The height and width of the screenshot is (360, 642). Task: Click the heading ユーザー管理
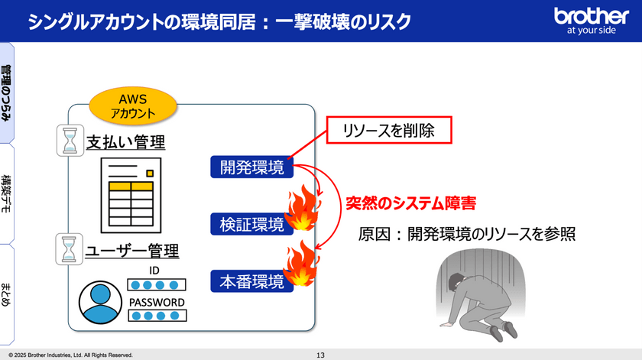coord(131,250)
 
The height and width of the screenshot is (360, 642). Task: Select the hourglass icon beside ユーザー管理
coord(70,249)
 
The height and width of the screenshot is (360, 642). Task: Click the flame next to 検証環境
coord(301,211)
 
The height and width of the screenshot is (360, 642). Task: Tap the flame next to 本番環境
coord(300,264)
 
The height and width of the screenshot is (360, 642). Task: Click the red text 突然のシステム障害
coord(411,203)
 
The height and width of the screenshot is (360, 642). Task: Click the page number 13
coord(320,355)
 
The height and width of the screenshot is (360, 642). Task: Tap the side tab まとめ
coord(7,294)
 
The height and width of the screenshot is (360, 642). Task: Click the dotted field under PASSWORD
coord(157,316)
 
